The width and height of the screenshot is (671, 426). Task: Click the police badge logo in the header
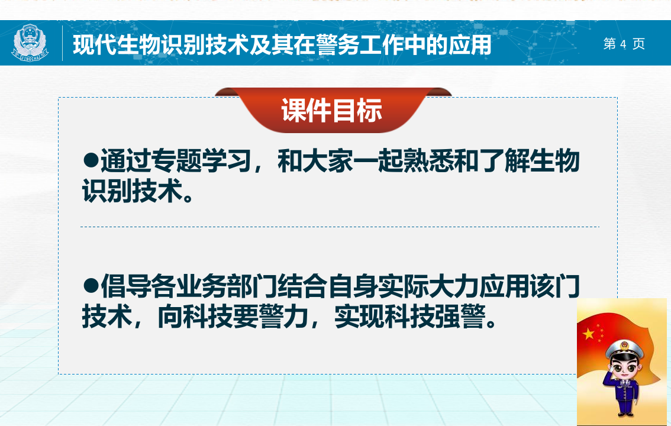(31, 43)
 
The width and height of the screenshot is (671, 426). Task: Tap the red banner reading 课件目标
(332, 111)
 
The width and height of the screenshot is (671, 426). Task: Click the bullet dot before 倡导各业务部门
(90, 286)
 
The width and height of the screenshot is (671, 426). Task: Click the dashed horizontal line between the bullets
(340, 227)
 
